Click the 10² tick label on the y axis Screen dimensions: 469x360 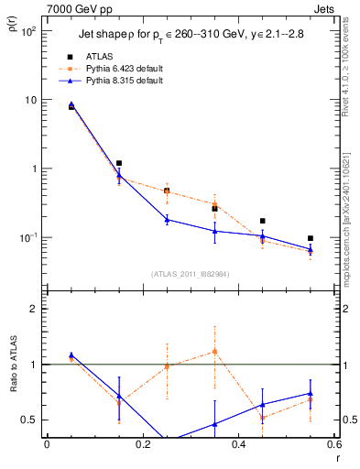[28, 31]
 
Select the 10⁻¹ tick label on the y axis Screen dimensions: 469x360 [28, 237]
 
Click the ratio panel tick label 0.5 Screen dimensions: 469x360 [30, 420]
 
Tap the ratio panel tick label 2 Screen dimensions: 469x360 [35, 309]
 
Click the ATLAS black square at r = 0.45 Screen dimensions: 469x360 [263, 221]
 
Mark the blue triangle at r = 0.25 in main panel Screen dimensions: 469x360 [167, 220]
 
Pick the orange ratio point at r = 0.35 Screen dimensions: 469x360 [214, 351]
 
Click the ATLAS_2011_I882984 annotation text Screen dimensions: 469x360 [191, 274]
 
